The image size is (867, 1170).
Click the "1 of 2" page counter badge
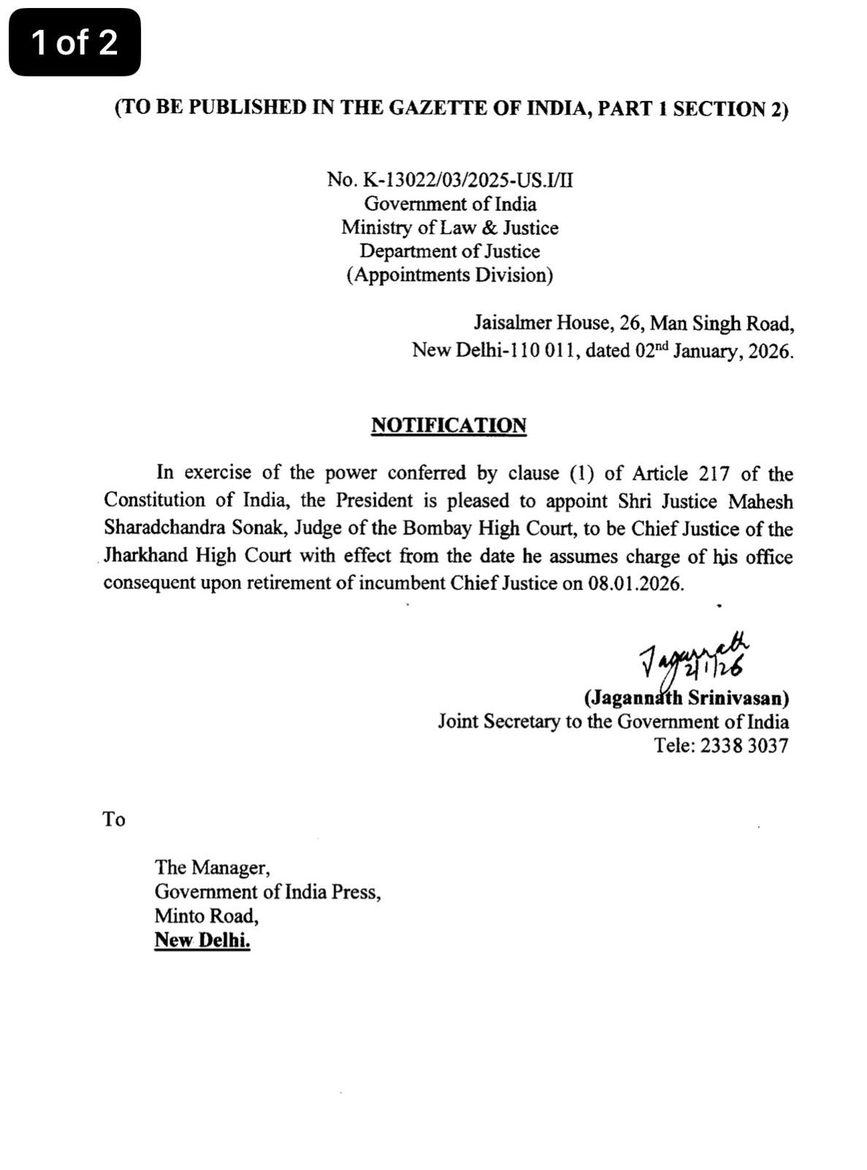click(74, 42)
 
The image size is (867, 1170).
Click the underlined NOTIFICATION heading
click(448, 426)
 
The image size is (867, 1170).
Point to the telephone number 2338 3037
click(744, 746)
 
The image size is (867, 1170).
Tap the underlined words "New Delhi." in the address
click(202, 941)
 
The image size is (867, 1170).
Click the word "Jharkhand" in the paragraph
click(145, 556)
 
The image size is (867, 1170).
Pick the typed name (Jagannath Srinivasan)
click(686, 698)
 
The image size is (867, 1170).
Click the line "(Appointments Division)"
click(450, 275)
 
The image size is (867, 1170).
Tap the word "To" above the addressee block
click(114, 819)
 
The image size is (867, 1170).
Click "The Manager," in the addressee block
click(212, 868)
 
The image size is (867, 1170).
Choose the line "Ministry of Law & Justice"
click(450, 227)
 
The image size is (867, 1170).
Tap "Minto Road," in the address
click(206, 916)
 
